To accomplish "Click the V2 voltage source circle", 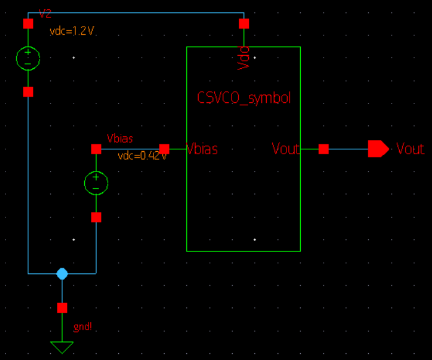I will [28, 58].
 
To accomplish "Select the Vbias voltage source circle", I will [96, 183].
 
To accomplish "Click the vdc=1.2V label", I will [72, 31].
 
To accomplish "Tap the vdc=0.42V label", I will [142, 156].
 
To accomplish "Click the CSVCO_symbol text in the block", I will [243, 98].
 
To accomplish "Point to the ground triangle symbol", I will [62, 346].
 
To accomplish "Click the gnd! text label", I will [82, 327].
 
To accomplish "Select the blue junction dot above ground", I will [62, 273].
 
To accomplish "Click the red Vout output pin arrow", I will [378, 149].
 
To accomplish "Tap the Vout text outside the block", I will [410, 149].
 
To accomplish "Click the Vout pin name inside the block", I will [285, 149].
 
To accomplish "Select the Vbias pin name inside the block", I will [202, 149].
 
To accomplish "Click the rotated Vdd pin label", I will [244, 56].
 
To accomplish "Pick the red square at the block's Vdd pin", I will [244, 24].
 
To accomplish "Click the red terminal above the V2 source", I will [28, 24].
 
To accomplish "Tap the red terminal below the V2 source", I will [28, 92].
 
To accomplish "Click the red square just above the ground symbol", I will [62, 307].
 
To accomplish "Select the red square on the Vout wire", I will [323, 149].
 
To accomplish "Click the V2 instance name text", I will [45, 13].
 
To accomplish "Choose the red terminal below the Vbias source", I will [96, 217].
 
